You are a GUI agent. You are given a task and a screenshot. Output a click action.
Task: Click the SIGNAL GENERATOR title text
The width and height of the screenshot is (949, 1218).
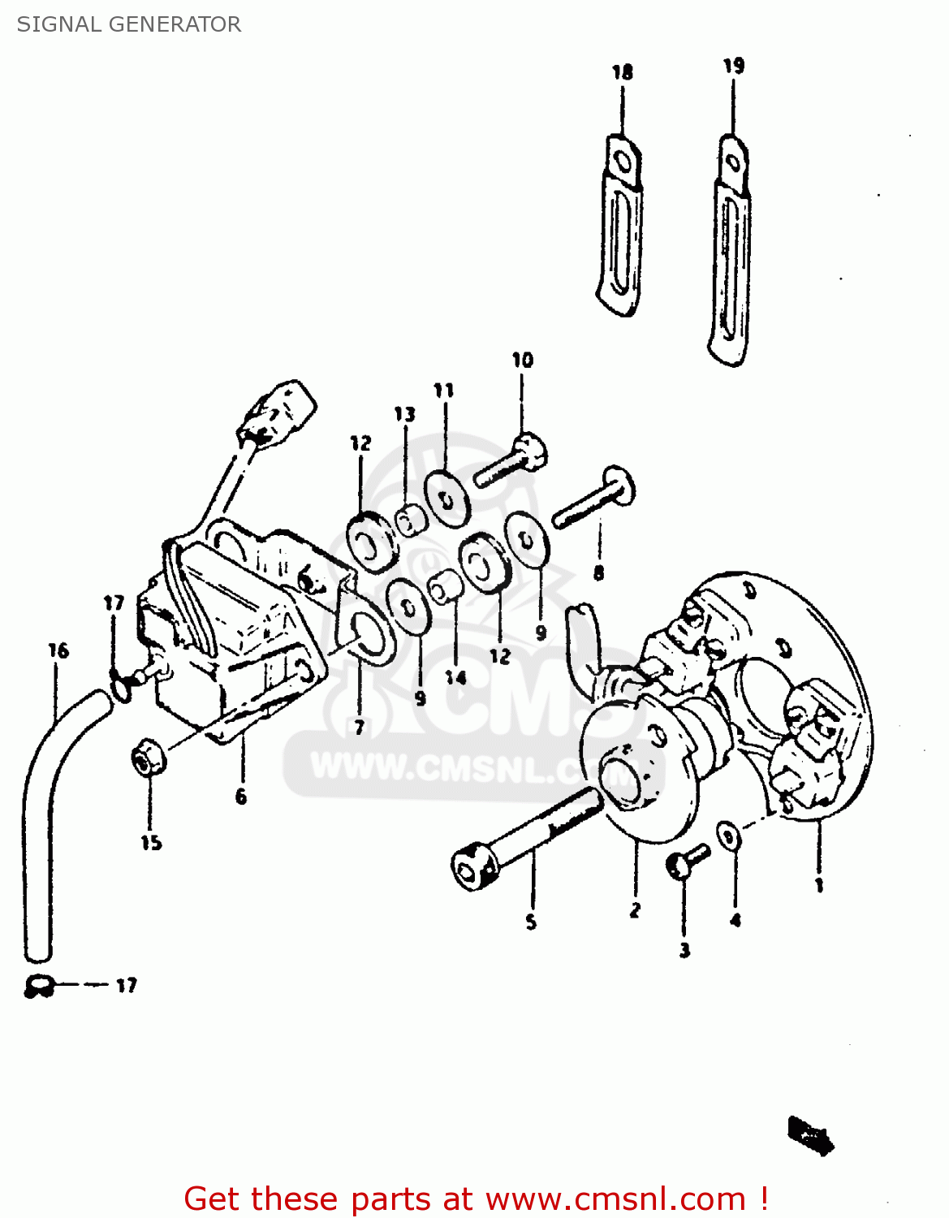click(x=129, y=24)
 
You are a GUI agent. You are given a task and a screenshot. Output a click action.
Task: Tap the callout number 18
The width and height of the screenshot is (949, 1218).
click(x=622, y=72)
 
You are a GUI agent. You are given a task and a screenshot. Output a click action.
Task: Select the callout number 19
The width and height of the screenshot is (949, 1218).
click(x=733, y=66)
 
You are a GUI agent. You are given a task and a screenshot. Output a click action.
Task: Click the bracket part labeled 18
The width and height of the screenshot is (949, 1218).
click(x=620, y=227)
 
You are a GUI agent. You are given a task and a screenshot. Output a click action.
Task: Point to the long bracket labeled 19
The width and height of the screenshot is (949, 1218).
click(x=730, y=252)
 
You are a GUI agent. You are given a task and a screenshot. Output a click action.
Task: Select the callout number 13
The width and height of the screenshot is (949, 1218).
click(x=404, y=415)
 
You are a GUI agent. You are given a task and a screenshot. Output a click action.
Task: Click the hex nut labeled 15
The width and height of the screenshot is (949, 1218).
click(x=149, y=758)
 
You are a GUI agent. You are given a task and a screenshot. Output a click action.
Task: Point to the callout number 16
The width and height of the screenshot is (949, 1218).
click(x=58, y=650)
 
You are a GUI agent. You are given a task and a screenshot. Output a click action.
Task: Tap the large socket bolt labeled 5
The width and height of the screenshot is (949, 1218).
click(x=528, y=836)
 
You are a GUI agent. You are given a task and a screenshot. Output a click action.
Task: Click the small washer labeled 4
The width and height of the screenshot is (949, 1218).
click(x=728, y=835)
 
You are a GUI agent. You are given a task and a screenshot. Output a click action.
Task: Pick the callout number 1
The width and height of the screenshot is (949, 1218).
click(x=819, y=884)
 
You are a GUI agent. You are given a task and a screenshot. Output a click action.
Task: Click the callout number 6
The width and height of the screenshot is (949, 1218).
click(x=241, y=797)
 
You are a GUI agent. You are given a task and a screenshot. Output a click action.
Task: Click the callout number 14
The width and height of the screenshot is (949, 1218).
click(x=455, y=676)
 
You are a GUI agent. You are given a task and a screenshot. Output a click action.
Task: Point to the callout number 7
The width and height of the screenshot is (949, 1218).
click(x=359, y=728)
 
